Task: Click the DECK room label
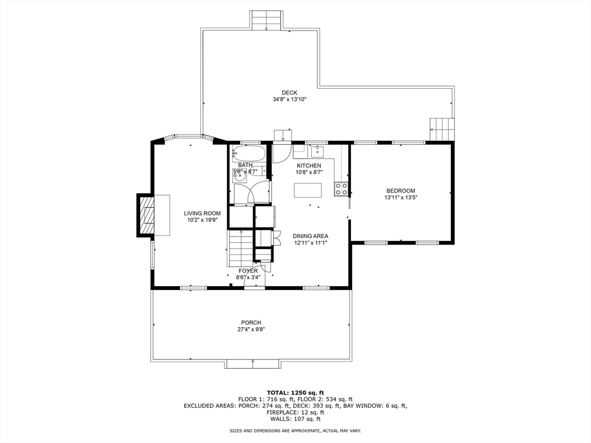tap(290, 93)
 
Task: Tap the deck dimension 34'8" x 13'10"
tap(290, 100)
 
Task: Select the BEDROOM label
tap(401, 190)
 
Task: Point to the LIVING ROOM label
tap(203, 213)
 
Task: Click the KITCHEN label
tap(309, 166)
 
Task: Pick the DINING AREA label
tap(311, 236)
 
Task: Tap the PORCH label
tap(251, 322)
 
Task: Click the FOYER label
tap(248, 271)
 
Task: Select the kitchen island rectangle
tap(308, 190)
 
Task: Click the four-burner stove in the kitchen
tap(341, 189)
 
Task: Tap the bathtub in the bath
tap(248, 153)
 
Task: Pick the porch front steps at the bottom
tap(253, 364)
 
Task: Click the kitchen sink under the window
tap(318, 152)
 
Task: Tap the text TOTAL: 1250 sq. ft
tap(295, 392)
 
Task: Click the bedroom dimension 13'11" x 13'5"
tap(401, 197)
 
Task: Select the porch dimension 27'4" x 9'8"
tap(251, 329)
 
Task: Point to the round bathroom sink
tap(239, 175)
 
